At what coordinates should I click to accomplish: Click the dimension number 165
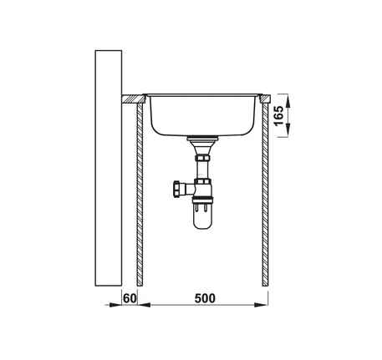point(279,116)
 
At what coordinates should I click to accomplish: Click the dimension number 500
point(205,298)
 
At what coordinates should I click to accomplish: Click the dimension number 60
point(130,298)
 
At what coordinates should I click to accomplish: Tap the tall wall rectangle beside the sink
point(109,168)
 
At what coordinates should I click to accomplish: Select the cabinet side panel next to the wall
point(140,195)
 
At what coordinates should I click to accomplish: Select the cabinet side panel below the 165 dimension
point(265,195)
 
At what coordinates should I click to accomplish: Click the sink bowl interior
point(202,115)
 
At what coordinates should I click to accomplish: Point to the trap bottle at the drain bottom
point(202,215)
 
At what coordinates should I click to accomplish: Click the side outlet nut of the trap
point(177,189)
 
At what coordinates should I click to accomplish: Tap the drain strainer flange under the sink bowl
point(202,138)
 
